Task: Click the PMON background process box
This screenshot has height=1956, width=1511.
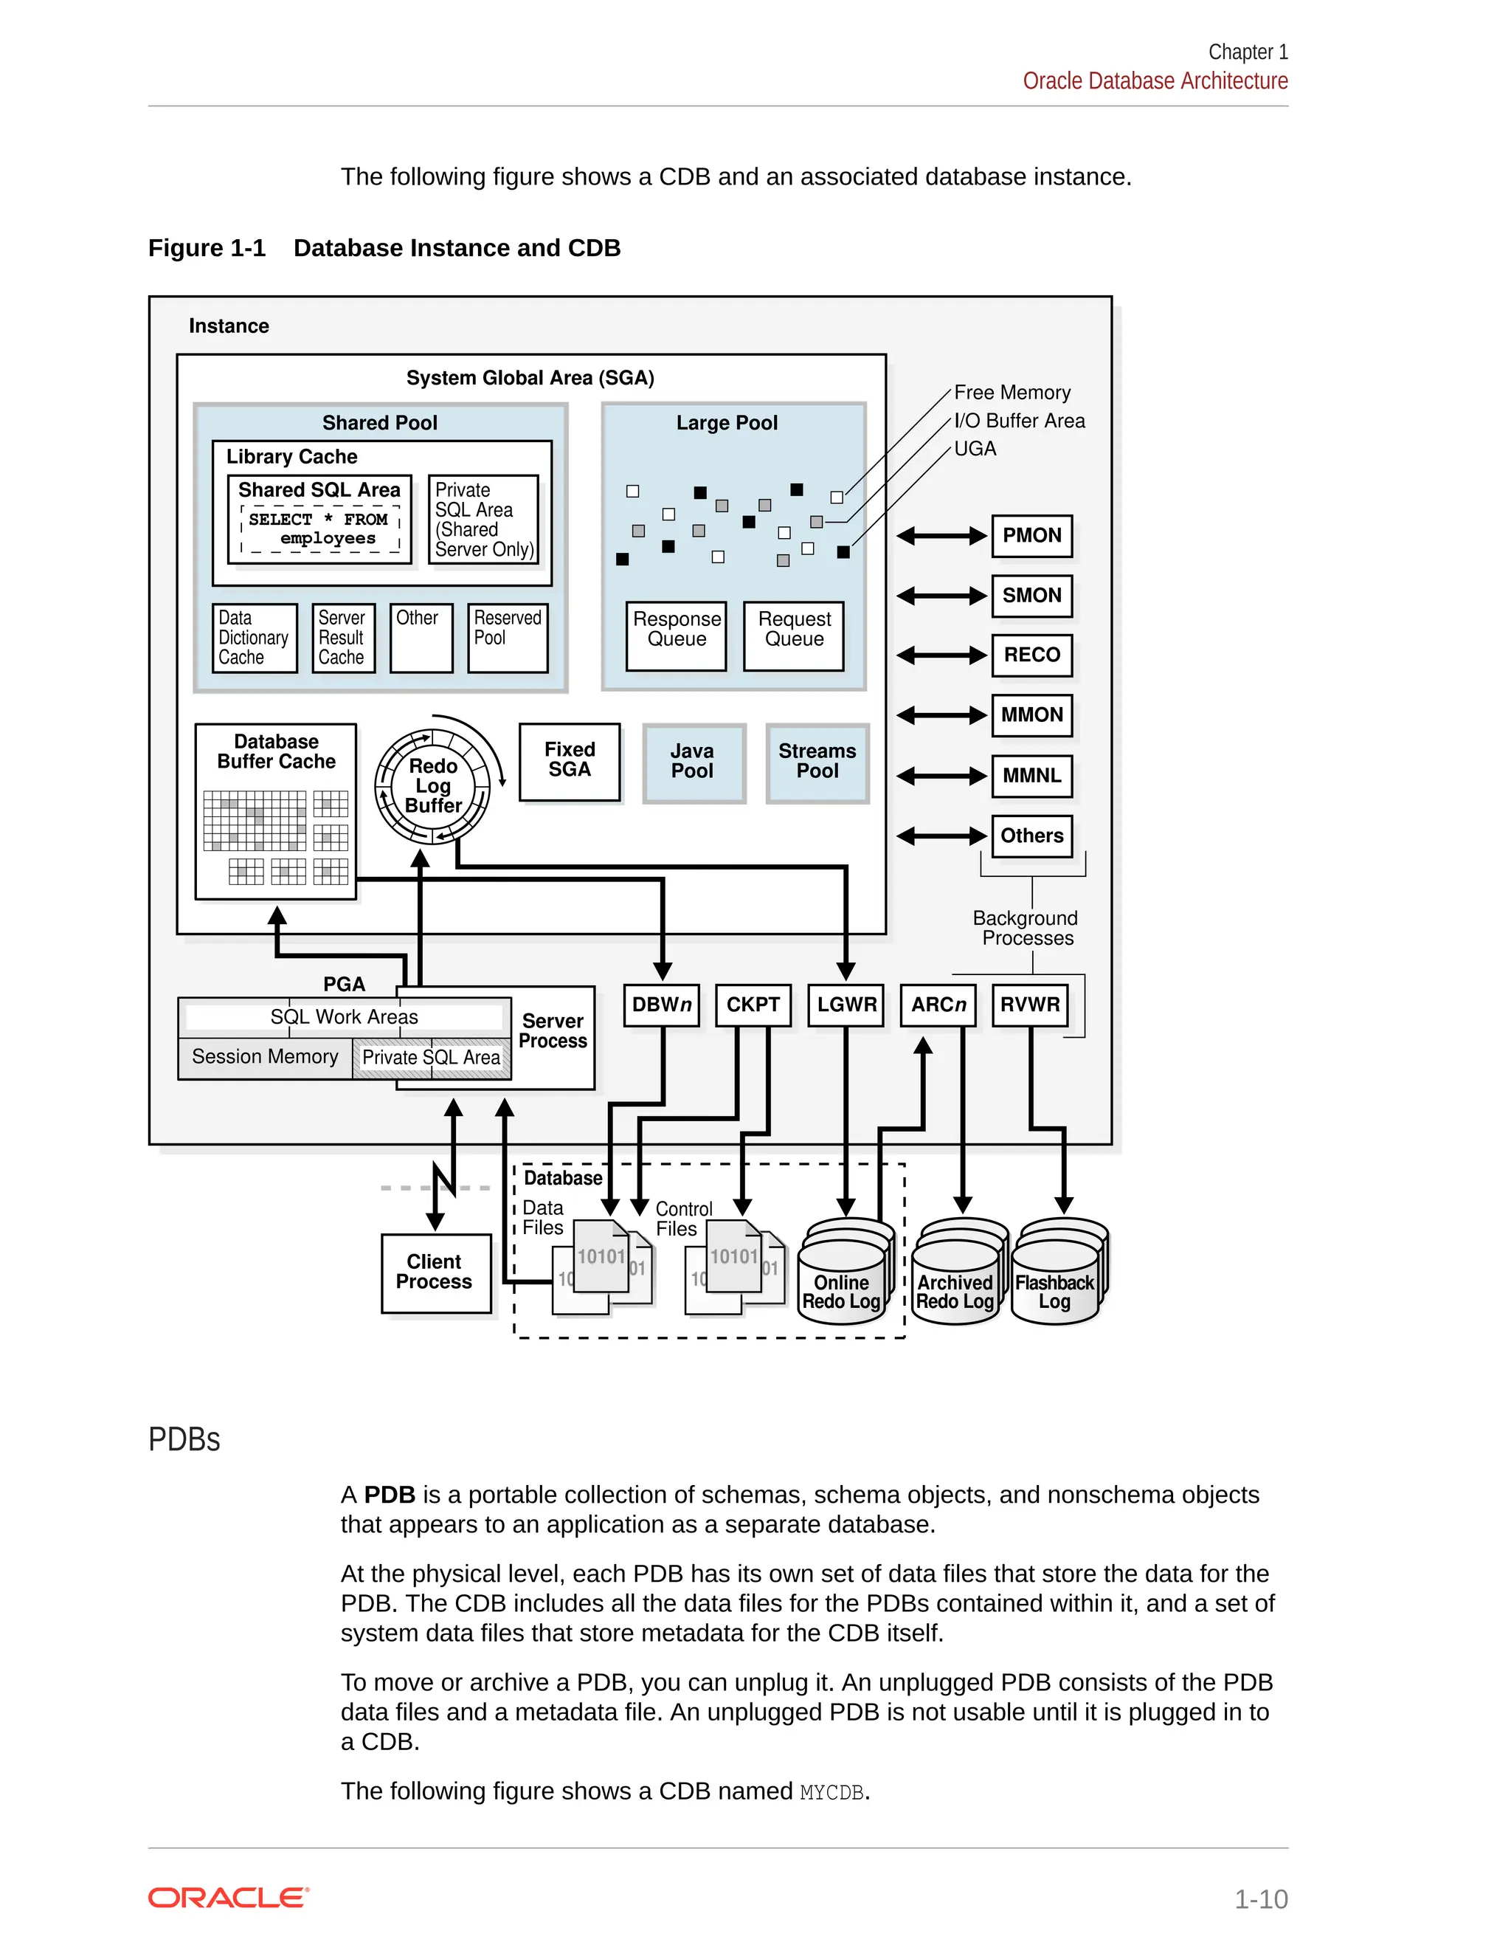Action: click(x=1031, y=536)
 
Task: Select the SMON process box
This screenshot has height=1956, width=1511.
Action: click(x=1031, y=596)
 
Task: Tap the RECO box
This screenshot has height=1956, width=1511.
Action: click(x=1031, y=655)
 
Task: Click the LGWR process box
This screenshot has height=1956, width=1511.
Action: click(x=846, y=1005)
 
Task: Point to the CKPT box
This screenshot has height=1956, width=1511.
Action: click(x=753, y=1005)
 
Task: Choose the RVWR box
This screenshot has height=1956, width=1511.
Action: click(x=1029, y=1005)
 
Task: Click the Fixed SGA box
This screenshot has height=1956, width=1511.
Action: click(x=570, y=760)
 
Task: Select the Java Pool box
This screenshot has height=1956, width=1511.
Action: click(x=693, y=762)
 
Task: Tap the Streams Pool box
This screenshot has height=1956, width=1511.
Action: click(x=817, y=762)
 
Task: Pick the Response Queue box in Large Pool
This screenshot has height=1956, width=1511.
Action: click(x=677, y=635)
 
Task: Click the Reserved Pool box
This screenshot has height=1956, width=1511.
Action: click(x=508, y=637)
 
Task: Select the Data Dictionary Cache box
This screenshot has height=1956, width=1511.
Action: click(x=255, y=638)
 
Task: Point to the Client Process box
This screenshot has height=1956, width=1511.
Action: click(x=435, y=1273)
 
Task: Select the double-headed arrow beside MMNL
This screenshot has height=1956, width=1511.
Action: click(x=941, y=776)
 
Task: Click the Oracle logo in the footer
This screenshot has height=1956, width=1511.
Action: click(x=228, y=1898)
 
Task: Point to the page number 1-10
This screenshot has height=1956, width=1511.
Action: click(x=1260, y=1898)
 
